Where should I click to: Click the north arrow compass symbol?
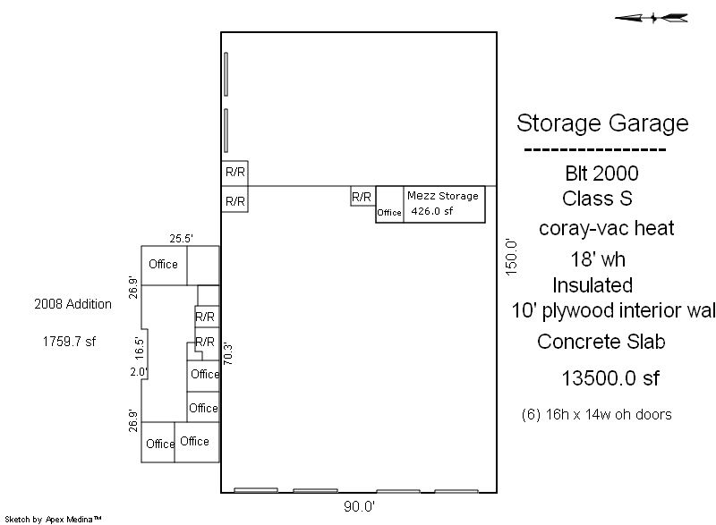tap(652, 18)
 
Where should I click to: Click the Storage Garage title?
tap(602, 123)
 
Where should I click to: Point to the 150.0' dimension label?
tap(511, 257)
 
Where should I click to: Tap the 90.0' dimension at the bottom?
tap(360, 506)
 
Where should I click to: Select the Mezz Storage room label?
tap(442, 196)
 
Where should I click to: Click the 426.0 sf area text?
tap(432, 211)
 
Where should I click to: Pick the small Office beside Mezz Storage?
tap(389, 213)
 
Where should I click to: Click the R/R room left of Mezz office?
tap(362, 197)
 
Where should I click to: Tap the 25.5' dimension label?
tap(182, 239)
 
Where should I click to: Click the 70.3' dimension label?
tap(228, 354)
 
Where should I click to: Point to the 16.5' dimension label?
tap(140, 348)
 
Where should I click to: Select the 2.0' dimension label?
tap(139, 372)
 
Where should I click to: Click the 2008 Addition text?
tap(73, 304)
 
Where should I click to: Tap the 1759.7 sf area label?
tap(70, 341)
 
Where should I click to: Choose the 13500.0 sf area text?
tap(610, 378)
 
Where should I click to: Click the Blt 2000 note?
tap(601, 174)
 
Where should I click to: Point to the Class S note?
tap(597, 199)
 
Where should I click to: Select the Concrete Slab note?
tap(601, 342)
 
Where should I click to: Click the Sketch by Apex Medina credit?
tap(53, 519)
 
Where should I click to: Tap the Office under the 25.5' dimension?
tap(163, 264)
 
